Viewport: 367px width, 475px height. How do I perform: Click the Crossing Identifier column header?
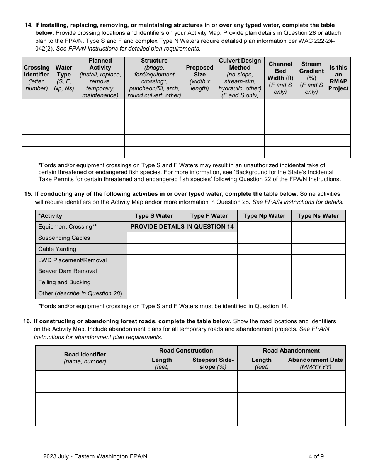pyautogui.click(x=37, y=78)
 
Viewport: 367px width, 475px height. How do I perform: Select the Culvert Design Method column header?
pyautogui.click(x=240, y=78)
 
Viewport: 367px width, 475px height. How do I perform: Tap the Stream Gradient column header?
pyautogui.click(x=311, y=78)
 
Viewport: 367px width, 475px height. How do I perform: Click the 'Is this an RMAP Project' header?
pyautogui.click(x=338, y=78)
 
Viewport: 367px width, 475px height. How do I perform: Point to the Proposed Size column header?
pyautogui.click(x=199, y=78)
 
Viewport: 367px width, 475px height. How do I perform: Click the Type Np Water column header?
pyautogui.click(x=264, y=216)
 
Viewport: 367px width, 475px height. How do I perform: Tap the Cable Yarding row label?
pyautogui.click(x=57, y=249)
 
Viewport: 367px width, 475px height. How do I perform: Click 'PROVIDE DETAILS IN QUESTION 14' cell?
pyautogui.click(x=182, y=227)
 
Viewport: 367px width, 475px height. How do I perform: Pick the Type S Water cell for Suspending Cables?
pyautogui.click(x=154, y=238)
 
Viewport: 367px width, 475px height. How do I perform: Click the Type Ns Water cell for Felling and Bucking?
pyautogui.click(x=318, y=282)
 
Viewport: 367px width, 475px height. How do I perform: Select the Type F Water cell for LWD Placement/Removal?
pyautogui.click(x=209, y=260)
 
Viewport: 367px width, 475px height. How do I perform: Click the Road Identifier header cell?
pyautogui.click(x=85, y=358)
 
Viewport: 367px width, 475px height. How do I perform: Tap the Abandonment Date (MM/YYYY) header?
pyautogui.click(x=315, y=363)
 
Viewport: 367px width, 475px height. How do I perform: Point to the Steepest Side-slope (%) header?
pyautogui.click(x=213, y=363)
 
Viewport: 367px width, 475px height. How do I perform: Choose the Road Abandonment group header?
pyautogui.click(x=291, y=351)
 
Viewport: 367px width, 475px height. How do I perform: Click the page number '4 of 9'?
pyautogui.click(x=316, y=456)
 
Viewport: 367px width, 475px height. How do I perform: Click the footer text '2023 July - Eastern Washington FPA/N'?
pyautogui.click(x=95, y=456)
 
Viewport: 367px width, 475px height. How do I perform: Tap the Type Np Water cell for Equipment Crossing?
pyautogui.click(x=264, y=227)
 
